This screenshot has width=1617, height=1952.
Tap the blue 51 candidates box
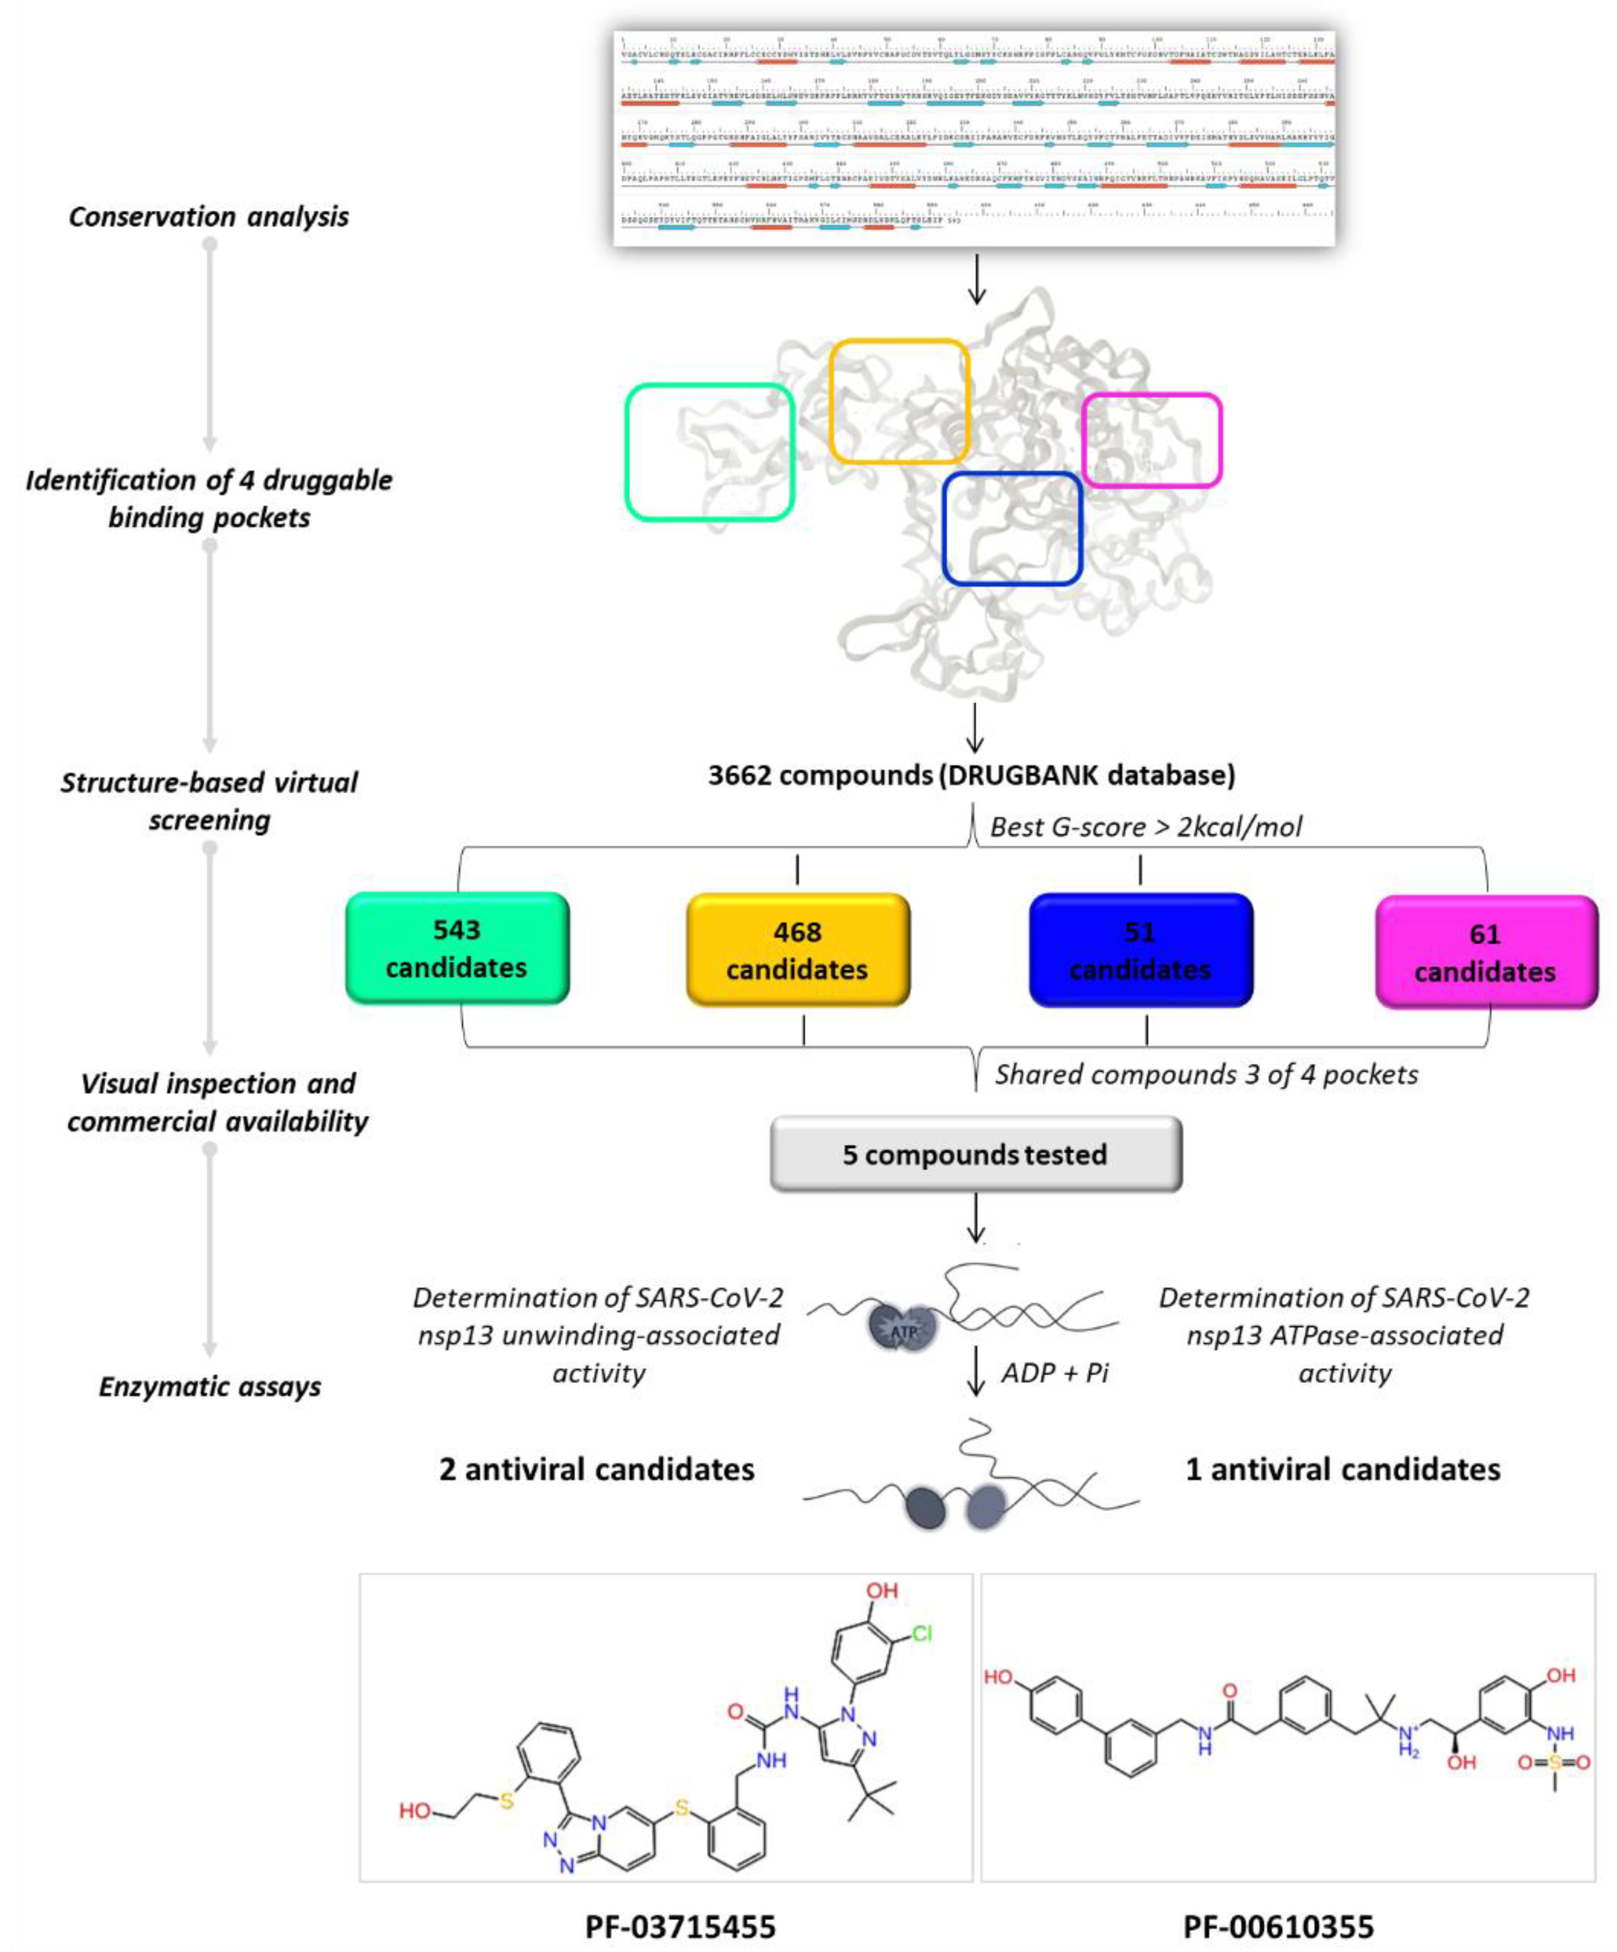(1140, 950)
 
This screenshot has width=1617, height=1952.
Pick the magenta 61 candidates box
(1485, 952)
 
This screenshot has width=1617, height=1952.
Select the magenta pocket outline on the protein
(1219, 440)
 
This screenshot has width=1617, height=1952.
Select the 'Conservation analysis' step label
(209, 216)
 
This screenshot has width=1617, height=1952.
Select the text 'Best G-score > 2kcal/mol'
(1145, 827)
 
